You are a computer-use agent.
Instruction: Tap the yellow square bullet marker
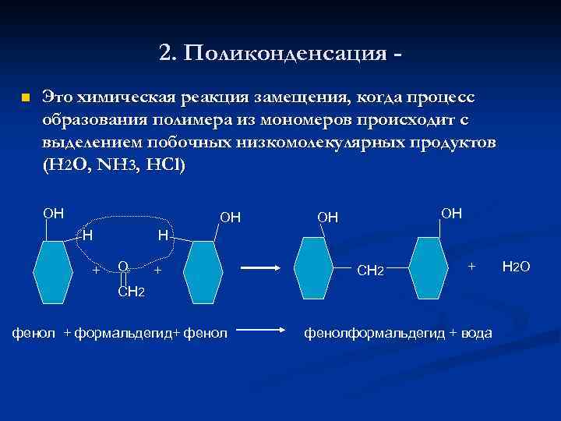coord(25,98)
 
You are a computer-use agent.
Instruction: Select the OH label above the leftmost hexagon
coord(54,213)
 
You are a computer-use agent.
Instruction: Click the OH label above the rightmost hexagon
coord(451,213)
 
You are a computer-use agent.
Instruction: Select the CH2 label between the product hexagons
coord(369,271)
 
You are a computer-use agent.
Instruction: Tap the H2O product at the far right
coord(516,267)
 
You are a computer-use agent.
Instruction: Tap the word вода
coord(475,334)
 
